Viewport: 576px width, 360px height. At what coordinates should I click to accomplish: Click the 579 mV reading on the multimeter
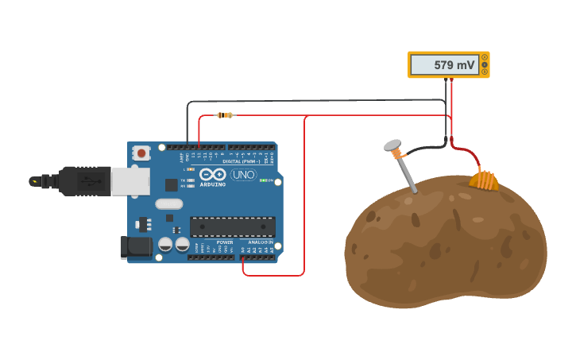(x=454, y=65)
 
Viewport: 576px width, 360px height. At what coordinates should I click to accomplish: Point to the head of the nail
(x=392, y=146)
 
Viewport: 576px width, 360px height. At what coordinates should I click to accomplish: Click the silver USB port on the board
(x=130, y=181)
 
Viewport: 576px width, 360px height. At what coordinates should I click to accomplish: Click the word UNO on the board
(x=243, y=175)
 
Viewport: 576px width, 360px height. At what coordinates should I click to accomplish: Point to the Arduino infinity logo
(x=213, y=174)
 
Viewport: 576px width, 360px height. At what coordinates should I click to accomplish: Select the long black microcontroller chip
(x=233, y=226)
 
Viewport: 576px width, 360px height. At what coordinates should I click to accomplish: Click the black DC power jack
(x=137, y=247)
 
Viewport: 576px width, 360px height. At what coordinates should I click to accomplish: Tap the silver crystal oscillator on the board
(x=168, y=204)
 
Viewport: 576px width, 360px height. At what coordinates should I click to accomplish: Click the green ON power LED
(x=263, y=180)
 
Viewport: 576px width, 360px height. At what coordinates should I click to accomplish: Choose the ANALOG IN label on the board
(x=259, y=242)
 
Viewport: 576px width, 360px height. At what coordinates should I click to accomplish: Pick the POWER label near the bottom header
(x=225, y=242)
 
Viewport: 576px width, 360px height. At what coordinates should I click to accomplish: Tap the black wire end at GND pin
(x=187, y=147)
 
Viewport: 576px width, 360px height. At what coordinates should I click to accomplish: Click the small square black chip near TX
(x=172, y=185)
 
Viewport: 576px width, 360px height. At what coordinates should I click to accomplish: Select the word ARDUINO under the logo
(x=213, y=184)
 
